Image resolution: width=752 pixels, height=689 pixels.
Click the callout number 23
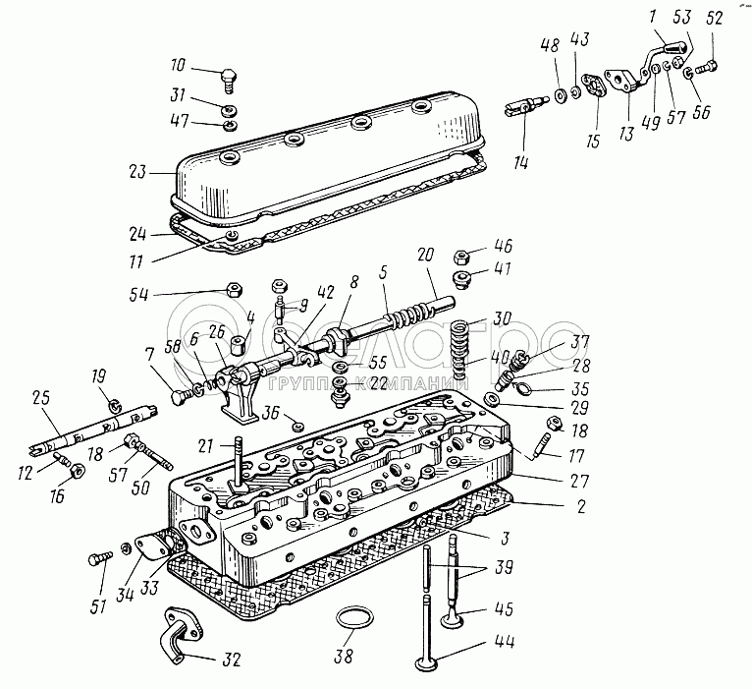(x=136, y=171)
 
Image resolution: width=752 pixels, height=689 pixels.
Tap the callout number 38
(x=344, y=656)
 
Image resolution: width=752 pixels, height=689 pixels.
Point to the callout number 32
(x=230, y=660)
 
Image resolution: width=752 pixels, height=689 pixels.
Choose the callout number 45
(x=504, y=608)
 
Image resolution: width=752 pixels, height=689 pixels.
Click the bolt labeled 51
(x=100, y=558)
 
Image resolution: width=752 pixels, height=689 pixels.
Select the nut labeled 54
(x=234, y=290)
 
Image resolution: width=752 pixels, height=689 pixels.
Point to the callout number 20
(x=425, y=255)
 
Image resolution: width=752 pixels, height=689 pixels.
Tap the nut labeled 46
(x=460, y=257)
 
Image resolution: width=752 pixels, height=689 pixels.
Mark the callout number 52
(x=714, y=19)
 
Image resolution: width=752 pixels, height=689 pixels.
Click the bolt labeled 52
(x=706, y=66)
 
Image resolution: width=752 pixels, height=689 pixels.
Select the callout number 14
(x=521, y=162)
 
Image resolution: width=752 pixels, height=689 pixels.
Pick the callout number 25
(x=41, y=398)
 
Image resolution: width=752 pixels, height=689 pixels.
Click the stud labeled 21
(x=238, y=462)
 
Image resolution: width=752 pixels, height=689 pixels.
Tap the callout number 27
(x=580, y=481)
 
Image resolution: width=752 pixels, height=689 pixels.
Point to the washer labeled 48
(x=560, y=96)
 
